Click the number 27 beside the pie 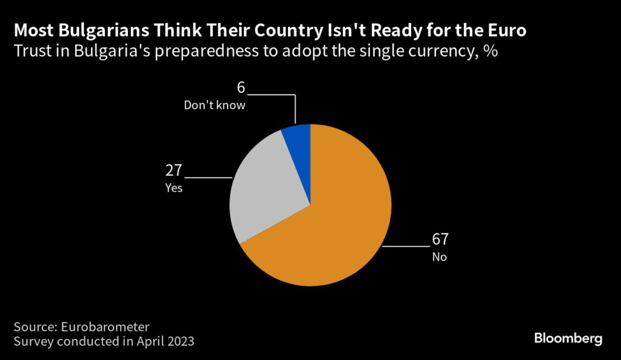pyautogui.click(x=173, y=170)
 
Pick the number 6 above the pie pyautogui.click(x=241, y=88)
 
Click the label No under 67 pyautogui.click(x=439, y=256)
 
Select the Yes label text pyautogui.click(x=173, y=188)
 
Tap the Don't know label pyautogui.click(x=215, y=105)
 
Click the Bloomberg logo pyautogui.click(x=568, y=338)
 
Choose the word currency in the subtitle pyautogui.click(x=437, y=52)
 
